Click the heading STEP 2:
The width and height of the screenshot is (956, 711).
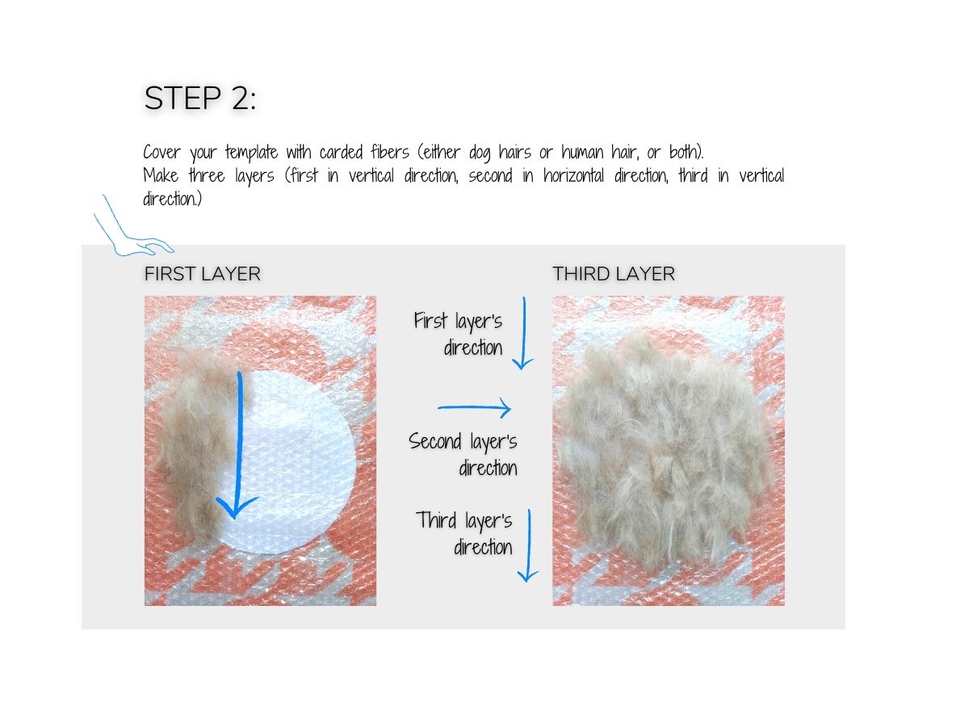(x=200, y=99)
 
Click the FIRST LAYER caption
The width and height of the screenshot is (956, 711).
(x=203, y=274)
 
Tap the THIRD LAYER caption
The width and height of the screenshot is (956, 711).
(x=614, y=274)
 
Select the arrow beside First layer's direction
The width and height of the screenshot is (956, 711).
(x=523, y=333)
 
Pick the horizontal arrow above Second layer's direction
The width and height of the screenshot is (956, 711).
(x=475, y=409)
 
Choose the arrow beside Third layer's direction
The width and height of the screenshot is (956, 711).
(x=527, y=545)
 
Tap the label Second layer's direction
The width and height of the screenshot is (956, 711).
(x=464, y=454)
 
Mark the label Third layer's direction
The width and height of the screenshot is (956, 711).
(x=466, y=533)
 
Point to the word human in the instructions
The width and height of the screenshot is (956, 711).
(x=583, y=152)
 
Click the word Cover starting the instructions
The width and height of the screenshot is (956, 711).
(x=163, y=152)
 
